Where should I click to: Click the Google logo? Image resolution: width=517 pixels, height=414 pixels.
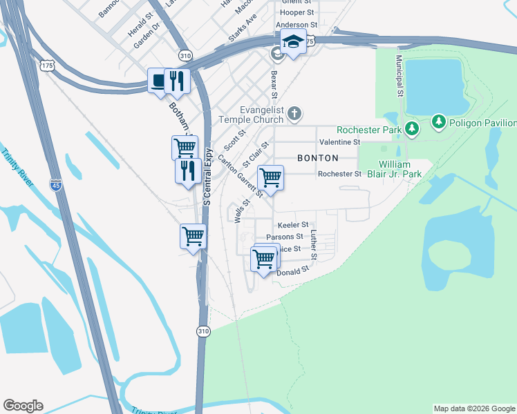(x=23, y=406)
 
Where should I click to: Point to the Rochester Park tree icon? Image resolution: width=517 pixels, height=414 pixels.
(x=412, y=128)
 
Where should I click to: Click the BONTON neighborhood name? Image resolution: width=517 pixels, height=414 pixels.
(x=318, y=158)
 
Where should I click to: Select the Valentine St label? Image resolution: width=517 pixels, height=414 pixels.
(x=339, y=142)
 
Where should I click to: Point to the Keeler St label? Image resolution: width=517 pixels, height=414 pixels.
(x=292, y=226)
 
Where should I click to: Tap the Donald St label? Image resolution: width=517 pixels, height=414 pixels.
(x=292, y=273)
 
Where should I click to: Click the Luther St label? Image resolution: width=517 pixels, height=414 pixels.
(x=313, y=246)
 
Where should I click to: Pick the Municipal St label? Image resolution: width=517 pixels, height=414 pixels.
(x=399, y=76)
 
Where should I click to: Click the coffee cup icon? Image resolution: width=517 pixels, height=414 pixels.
(x=159, y=81)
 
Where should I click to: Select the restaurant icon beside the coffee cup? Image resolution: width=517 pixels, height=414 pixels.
(x=177, y=81)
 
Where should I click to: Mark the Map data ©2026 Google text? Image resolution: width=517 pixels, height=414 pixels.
(x=474, y=408)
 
